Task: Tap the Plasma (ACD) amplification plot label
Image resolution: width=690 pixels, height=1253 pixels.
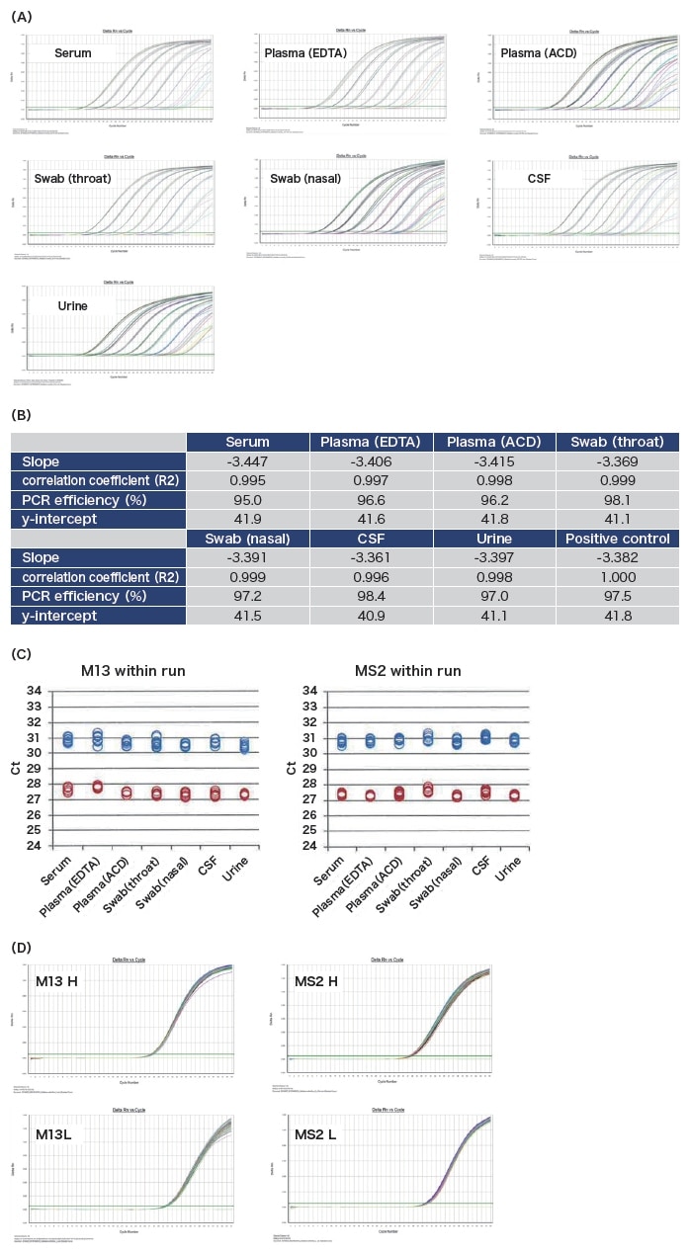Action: (x=540, y=51)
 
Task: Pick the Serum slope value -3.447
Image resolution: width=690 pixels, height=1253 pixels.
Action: (x=247, y=460)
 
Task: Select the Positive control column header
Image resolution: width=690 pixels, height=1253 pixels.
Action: (x=618, y=539)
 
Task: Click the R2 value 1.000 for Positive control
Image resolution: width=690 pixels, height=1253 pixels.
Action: (x=618, y=576)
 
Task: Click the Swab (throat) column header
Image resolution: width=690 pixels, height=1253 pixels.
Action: (x=618, y=442)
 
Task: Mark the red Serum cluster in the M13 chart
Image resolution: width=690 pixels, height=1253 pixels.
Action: (x=68, y=789)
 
